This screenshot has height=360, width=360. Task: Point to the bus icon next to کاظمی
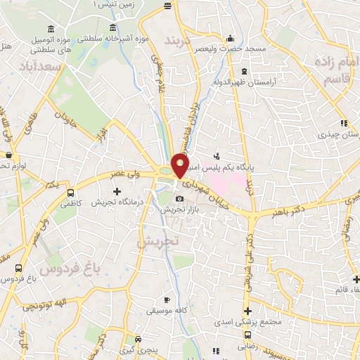(x=70, y=192)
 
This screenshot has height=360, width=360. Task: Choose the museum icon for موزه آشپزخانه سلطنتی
(x=113, y=28)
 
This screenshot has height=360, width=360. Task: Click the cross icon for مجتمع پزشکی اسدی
(x=247, y=311)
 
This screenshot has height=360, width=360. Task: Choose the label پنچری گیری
(x=150, y=349)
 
